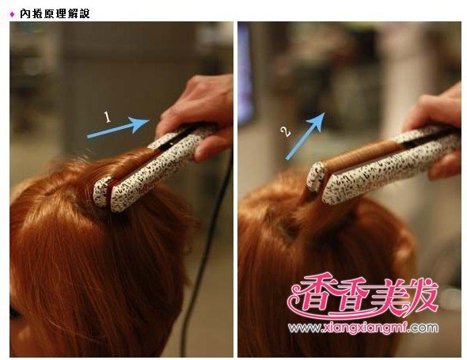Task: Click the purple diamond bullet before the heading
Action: tap(12, 14)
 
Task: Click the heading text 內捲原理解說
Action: tap(55, 13)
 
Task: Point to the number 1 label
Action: tap(107, 117)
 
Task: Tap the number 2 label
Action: tap(286, 131)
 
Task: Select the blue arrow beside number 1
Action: tap(118, 127)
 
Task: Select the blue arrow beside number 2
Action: tap(305, 136)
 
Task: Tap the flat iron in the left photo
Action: tap(155, 167)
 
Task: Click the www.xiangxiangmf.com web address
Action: tap(363, 328)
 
